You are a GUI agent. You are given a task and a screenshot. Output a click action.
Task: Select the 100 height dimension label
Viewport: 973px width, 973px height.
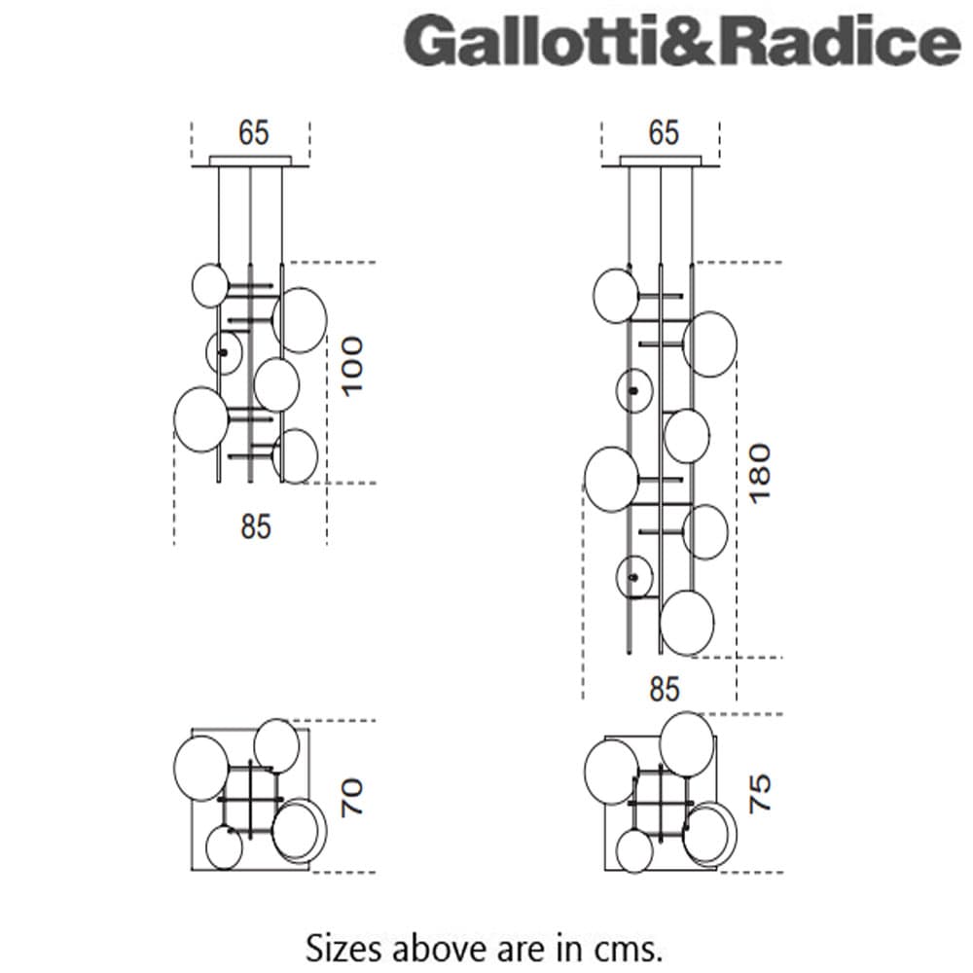coord(351,365)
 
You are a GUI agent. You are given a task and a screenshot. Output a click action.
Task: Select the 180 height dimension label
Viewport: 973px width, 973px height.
coord(760,472)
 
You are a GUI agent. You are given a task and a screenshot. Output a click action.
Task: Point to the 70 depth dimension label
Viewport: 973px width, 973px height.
coord(351,796)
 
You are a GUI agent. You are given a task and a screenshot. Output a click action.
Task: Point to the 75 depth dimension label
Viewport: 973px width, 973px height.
coord(760,793)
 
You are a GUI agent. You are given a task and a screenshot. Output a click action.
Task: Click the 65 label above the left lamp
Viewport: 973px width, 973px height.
coord(253,132)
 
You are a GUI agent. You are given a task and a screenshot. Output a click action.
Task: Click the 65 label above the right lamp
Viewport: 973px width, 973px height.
coord(664,132)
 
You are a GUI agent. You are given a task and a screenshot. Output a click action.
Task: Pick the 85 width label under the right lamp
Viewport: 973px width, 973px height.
coord(664,689)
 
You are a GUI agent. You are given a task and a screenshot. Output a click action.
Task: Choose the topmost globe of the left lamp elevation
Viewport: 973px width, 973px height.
coord(209,285)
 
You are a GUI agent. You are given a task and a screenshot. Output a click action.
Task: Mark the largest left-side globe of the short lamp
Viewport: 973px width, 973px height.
coord(200,419)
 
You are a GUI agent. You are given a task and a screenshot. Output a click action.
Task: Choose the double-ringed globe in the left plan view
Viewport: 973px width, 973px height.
coord(299,831)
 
